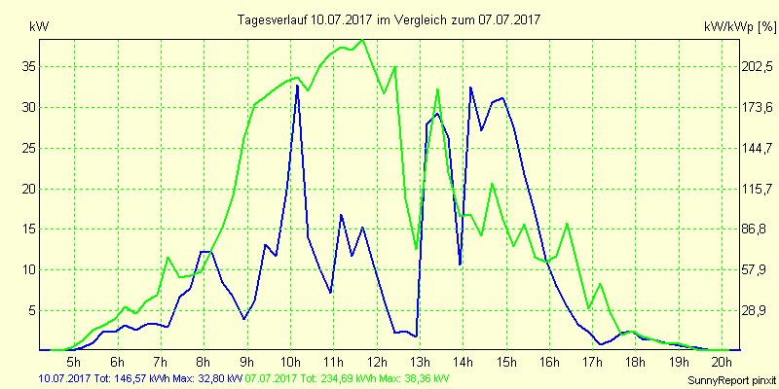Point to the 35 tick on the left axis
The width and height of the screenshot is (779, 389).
(x=29, y=67)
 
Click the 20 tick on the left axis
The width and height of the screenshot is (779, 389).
(x=29, y=189)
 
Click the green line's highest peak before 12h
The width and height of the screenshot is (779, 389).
(x=362, y=40)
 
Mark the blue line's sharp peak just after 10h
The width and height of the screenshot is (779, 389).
(x=297, y=86)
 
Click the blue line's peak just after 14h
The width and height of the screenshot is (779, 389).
(x=470, y=88)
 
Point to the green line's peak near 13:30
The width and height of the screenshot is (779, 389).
(x=437, y=89)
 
